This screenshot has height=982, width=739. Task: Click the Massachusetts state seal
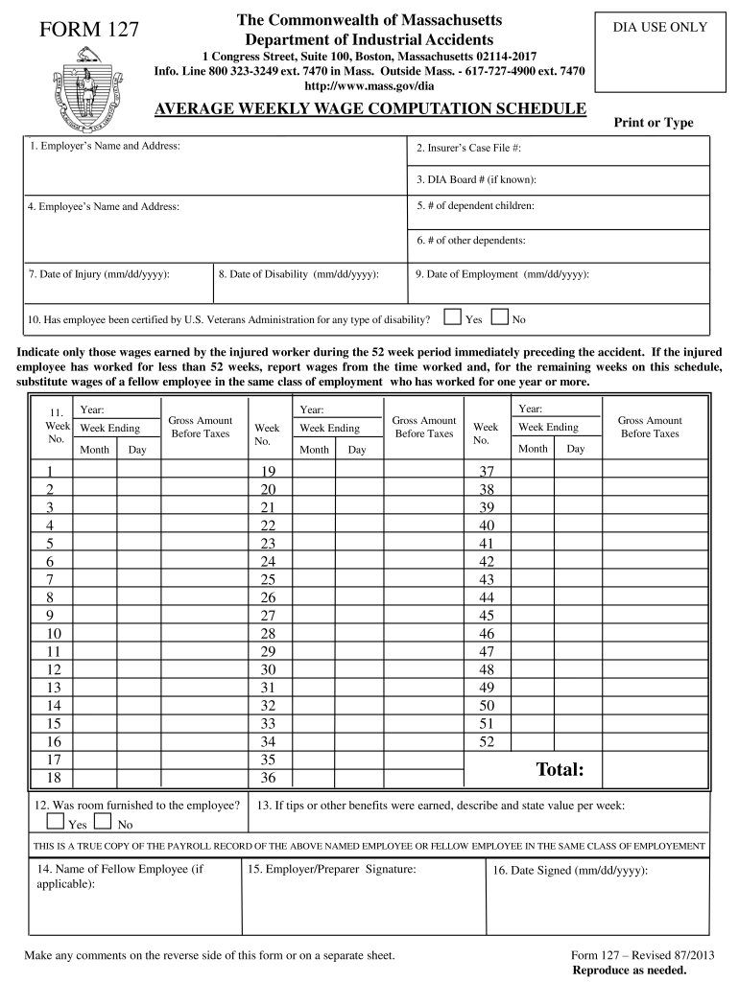[83, 93]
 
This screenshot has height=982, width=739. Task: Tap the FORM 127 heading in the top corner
[89, 32]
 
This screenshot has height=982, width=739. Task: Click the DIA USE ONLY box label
[660, 27]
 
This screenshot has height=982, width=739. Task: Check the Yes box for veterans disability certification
[451, 317]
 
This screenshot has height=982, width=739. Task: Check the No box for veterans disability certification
[499, 317]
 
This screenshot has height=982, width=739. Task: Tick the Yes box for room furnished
[56, 823]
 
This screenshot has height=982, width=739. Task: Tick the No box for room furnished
[102, 823]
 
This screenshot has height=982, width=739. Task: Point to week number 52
[487, 741]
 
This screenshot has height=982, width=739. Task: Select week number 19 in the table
[268, 471]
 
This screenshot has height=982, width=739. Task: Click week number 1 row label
[49, 471]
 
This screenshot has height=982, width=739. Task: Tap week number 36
[268, 778]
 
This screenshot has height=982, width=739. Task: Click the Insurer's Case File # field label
[468, 149]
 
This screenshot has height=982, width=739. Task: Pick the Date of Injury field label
[99, 274]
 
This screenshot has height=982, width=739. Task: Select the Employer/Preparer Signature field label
[332, 869]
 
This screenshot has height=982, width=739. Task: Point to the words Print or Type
[653, 123]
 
